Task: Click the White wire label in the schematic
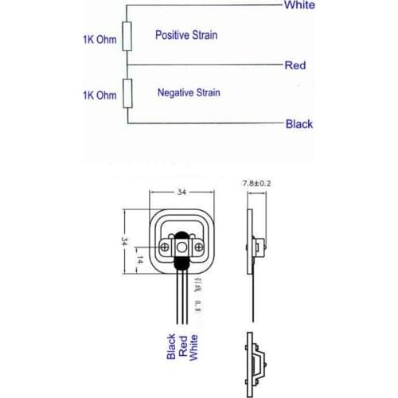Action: [x=299, y=5]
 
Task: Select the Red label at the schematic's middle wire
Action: [x=295, y=65]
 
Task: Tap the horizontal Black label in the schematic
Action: [x=299, y=123]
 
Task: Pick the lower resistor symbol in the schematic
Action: [x=126, y=92]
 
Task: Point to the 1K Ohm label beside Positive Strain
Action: [x=99, y=37]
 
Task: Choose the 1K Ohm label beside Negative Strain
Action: [x=99, y=96]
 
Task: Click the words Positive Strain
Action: [x=186, y=36]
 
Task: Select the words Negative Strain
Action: [x=189, y=92]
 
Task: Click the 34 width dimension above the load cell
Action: [x=182, y=191]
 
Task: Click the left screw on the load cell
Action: [x=166, y=248]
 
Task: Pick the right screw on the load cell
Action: [x=201, y=248]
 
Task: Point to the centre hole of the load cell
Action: [x=183, y=248]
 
